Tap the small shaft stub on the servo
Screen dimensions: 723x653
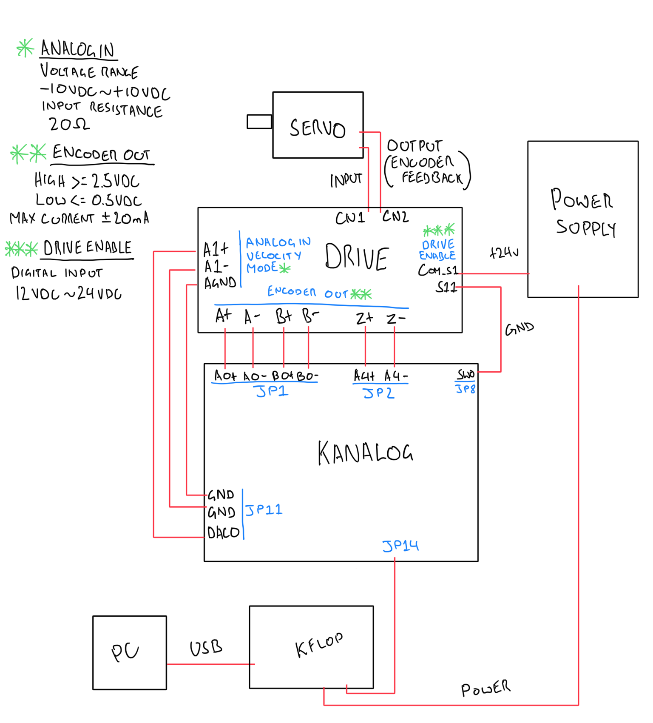[x=259, y=122]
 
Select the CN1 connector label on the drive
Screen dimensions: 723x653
[x=350, y=218]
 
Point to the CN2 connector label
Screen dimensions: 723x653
[x=395, y=216]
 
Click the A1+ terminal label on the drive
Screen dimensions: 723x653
[x=216, y=249]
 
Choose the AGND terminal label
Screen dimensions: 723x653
[x=220, y=283]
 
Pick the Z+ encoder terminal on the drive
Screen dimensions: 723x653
[x=364, y=318]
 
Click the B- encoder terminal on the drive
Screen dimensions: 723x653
[x=310, y=316]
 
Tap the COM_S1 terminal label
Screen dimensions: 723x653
[x=437, y=270]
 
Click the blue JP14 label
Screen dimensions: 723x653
[x=400, y=546]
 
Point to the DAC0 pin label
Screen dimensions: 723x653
[x=223, y=532]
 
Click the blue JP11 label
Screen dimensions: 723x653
[x=264, y=510]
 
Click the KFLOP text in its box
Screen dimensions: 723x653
[x=319, y=645]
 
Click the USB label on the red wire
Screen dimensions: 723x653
[x=206, y=648]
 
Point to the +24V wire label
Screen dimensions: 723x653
[x=504, y=253]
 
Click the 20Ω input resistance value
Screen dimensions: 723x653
[x=69, y=124]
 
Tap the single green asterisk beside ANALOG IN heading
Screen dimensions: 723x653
[x=25, y=48]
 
